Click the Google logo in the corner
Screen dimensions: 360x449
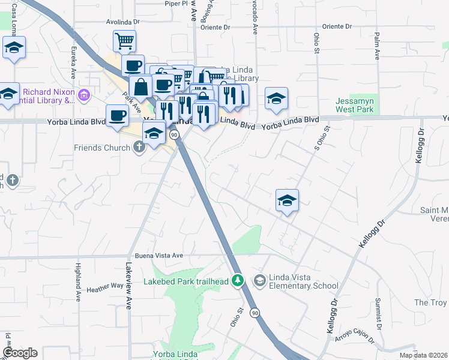(x=20, y=353)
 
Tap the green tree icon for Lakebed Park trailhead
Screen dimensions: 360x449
(x=238, y=280)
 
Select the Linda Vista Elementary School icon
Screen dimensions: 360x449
(x=259, y=280)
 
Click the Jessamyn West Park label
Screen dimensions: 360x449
(x=355, y=105)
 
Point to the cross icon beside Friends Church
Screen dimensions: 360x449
(x=139, y=148)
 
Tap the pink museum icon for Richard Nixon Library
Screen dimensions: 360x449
(x=85, y=95)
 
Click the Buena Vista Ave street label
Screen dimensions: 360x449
(x=158, y=255)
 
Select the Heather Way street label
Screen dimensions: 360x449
(x=104, y=289)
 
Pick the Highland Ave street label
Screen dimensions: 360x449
(x=78, y=281)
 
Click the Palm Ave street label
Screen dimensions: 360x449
(x=377, y=46)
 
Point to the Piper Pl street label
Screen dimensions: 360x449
(x=176, y=4)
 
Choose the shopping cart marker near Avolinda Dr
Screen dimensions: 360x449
(x=124, y=41)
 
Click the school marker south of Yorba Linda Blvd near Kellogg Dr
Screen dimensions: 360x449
(x=287, y=201)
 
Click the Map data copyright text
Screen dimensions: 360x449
(x=423, y=355)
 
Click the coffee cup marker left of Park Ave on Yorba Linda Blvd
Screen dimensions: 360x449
(x=117, y=115)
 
